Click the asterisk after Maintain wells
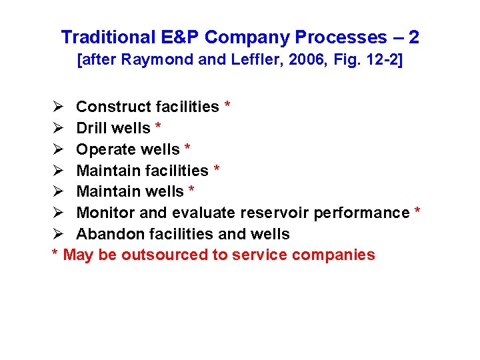click(x=191, y=190)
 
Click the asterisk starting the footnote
click(x=55, y=253)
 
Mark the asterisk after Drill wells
click(x=157, y=127)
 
